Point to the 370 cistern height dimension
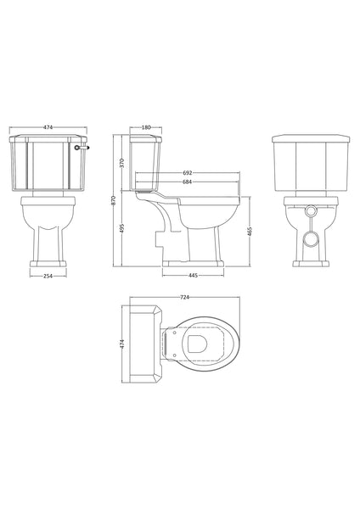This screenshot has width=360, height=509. pos(122,161)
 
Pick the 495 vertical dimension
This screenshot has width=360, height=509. pos(122,228)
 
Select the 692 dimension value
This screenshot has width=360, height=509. pos(186,172)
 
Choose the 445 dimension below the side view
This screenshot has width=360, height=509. pos(194,275)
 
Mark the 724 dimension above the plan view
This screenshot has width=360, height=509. pos(184,298)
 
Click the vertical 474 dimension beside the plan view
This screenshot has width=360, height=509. pos(121,344)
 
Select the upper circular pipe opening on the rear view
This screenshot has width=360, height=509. pos(311,209)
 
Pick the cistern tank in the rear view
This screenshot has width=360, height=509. pos(311,165)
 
